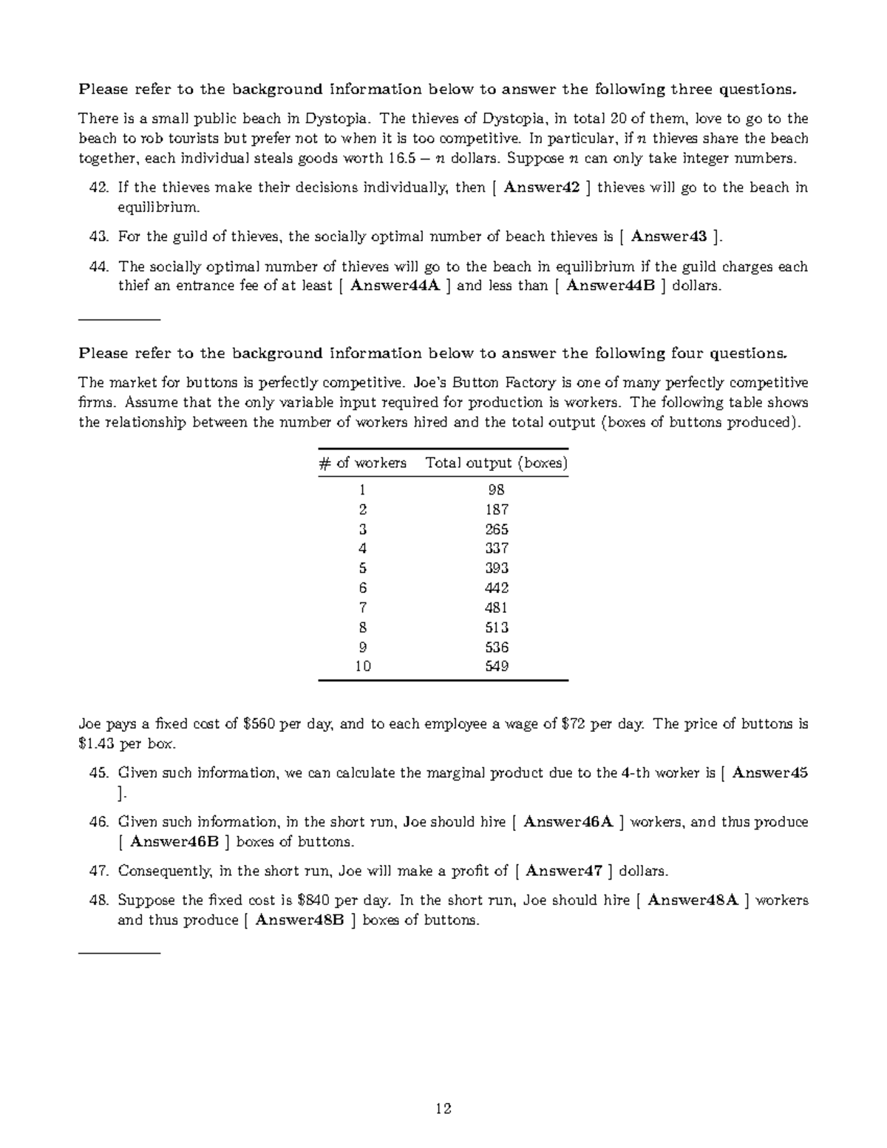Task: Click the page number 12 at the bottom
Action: click(443, 1108)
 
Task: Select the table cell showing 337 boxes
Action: click(496, 548)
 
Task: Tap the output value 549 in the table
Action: click(496, 666)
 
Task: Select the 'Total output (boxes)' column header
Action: click(496, 463)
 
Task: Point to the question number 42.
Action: click(98, 188)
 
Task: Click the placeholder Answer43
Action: click(668, 237)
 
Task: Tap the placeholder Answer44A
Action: click(395, 286)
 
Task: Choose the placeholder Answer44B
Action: click(611, 286)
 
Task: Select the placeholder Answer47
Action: click(563, 871)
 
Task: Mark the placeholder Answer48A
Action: click(693, 900)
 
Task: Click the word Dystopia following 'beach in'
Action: click(336, 119)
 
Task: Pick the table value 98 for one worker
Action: click(496, 489)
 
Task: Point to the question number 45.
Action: click(98, 773)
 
